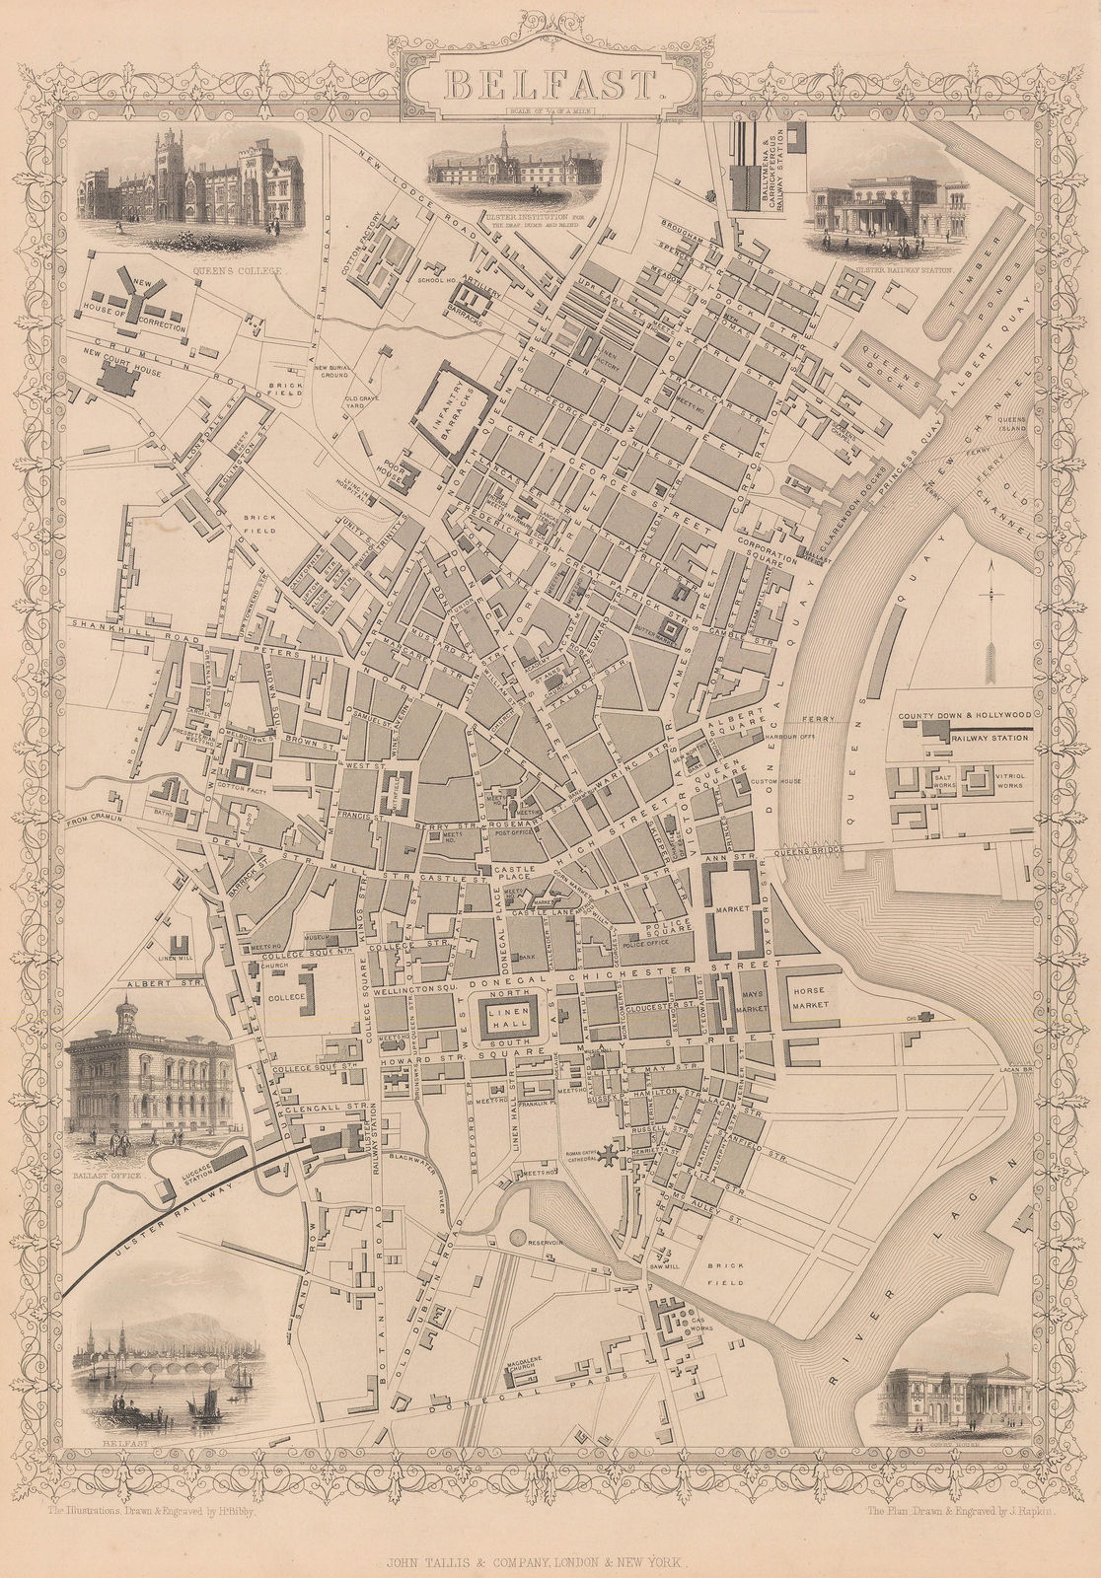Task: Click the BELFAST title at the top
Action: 551,85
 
